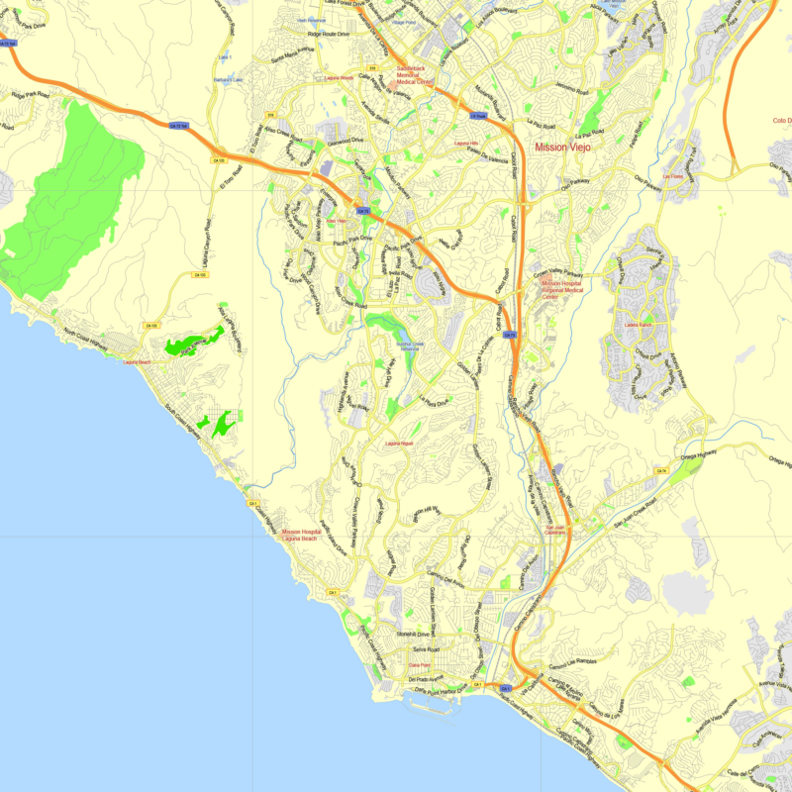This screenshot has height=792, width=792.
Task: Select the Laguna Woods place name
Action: click(339, 77)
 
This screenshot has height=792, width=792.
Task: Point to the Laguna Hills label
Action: click(466, 144)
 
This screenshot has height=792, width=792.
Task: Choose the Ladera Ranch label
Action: click(640, 324)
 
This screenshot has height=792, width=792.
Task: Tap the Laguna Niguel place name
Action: click(399, 443)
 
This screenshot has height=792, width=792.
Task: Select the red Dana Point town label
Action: click(420, 665)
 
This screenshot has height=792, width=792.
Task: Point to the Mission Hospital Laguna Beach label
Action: click(299, 535)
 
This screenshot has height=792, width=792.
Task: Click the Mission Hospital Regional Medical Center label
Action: click(561, 289)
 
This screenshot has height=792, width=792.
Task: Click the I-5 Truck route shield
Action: click(477, 116)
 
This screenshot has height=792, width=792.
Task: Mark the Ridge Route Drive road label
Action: click(329, 34)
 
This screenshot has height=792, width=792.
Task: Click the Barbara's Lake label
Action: click(227, 80)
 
